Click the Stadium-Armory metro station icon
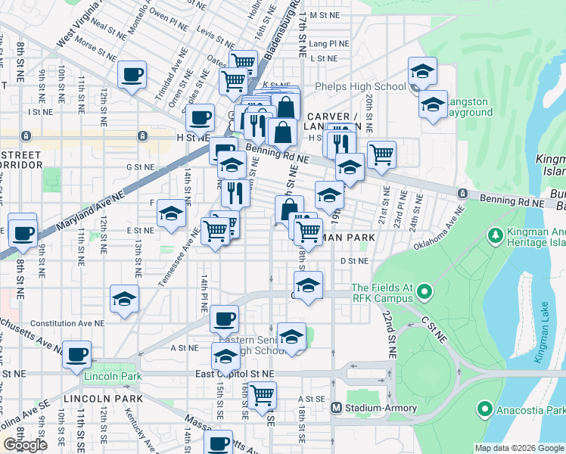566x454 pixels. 337,408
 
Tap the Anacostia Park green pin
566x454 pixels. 485,411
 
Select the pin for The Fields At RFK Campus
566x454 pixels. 425,291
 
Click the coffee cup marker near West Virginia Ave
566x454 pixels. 132,75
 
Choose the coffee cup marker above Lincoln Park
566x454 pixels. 76,354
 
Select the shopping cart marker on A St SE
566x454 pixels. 262,395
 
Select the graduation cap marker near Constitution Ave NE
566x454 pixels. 124,299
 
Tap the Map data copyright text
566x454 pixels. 518,448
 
